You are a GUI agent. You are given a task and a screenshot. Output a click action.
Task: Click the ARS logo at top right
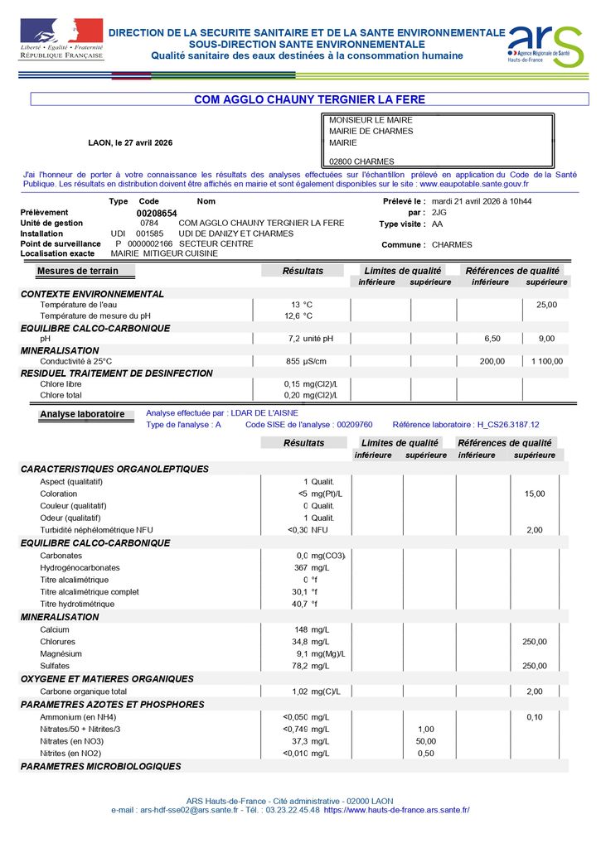[x=545, y=47]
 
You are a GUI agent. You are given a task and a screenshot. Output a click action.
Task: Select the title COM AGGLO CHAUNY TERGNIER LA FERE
[x=309, y=99]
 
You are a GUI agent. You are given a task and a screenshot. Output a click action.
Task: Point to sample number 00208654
[x=157, y=213]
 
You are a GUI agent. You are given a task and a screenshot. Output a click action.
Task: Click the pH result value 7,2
[x=293, y=339]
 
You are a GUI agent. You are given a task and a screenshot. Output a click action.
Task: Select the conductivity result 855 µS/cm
[x=306, y=361]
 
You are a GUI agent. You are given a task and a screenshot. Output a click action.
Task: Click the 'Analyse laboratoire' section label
[x=82, y=414]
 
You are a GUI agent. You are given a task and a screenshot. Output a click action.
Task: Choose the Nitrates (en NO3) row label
[x=71, y=741]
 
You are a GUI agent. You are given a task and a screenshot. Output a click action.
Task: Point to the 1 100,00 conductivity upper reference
[x=546, y=361]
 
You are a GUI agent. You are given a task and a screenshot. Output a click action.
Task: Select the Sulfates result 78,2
[x=299, y=666]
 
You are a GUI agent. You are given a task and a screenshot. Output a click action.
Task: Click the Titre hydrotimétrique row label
[x=78, y=604]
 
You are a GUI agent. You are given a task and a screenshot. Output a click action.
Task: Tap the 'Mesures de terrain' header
[x=77, y=271]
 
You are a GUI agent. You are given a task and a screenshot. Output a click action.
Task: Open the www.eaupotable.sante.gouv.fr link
[x=479, y=184]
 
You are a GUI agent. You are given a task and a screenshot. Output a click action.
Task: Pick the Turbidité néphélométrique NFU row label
[x=96, y=530]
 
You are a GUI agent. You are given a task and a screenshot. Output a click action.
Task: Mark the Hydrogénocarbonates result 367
[x=301, y=568]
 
